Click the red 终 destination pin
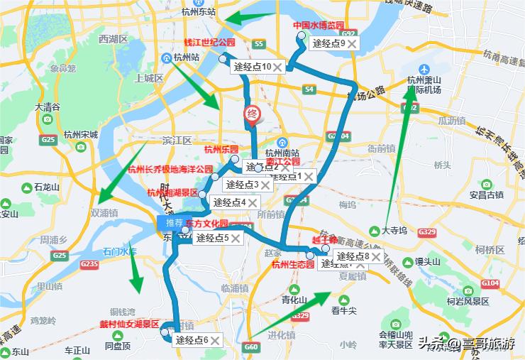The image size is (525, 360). point(251,114)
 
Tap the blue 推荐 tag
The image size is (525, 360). point(174,223)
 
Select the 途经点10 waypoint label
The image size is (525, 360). point(253,67)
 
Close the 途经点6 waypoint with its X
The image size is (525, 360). point(214,340)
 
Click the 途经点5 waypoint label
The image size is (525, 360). point(212,238)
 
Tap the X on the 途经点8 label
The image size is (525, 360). point(375,256)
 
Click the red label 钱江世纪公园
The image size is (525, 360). point(209,42)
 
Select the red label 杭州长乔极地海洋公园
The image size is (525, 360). point(170,170)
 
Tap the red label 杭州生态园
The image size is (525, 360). point(292,265)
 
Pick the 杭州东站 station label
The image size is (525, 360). point(198,11)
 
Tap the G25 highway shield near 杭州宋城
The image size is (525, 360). point(48,140)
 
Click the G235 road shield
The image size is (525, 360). point(89,264)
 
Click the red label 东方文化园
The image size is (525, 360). point(206,223)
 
